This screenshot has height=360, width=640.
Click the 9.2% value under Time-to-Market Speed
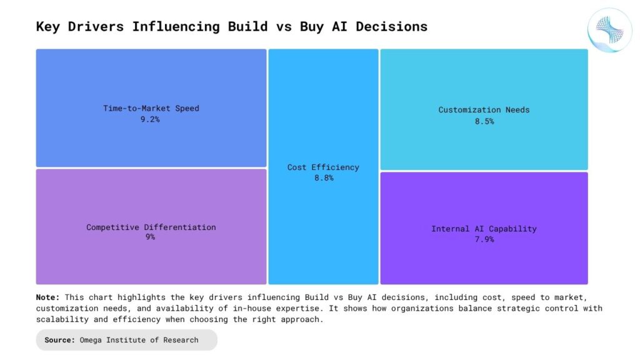pyautogui.click(x=150, y=119)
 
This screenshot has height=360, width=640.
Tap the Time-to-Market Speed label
pyautogui.click(x=151, y=108)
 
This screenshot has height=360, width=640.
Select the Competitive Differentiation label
pyautogui.click(x=151, y=227)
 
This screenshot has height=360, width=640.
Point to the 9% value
pyautogui.click(x=150, y=237)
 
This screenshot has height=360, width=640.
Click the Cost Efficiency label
pyautogui.click(x=323, y=167)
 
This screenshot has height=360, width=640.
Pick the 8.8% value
pyautogui.click(x=323, y=178)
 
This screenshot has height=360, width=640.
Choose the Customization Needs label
pyautogui.click(x=484, y=110)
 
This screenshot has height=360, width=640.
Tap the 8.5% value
pyautogui.click(x=484, y=121)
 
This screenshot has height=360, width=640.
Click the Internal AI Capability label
pyautogui.click(x=484, y=229)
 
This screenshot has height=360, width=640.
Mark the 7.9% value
pyautogui.click(x=484, y=239)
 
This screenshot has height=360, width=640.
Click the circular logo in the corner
pyautogui.click(x=610, y=30)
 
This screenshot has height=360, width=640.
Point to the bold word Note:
pyautogui.click(x=48, y=297)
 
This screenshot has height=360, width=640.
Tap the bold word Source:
pyautogui.click(x=61, y=340)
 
